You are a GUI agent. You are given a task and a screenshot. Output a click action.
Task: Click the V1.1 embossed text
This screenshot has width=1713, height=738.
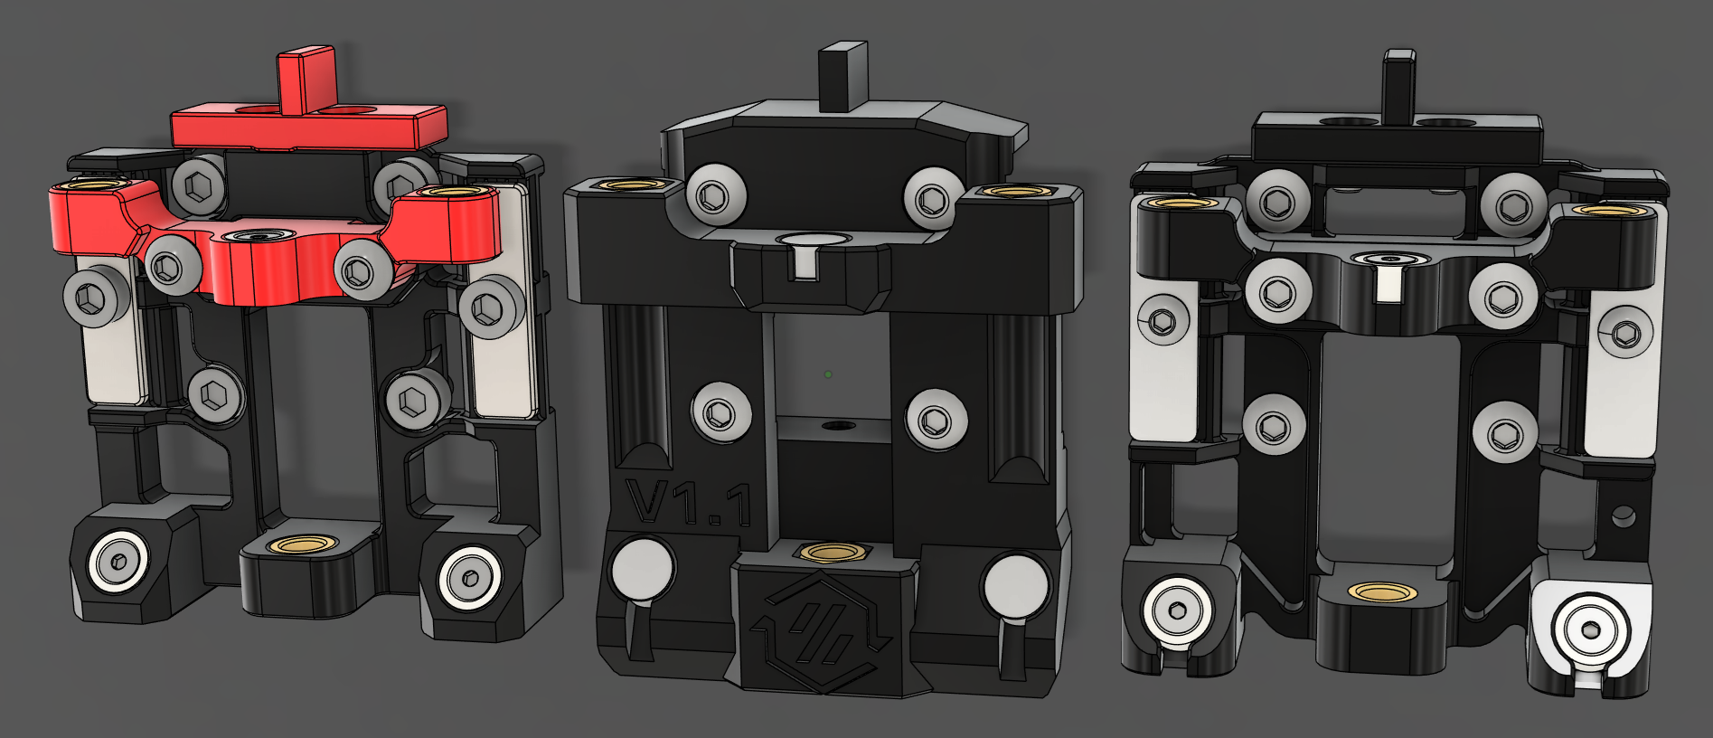pyautogui.click(x=690, y=503)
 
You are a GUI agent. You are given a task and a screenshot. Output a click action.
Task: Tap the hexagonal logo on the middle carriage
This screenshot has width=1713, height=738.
pyautogui.click(x=824, y=634)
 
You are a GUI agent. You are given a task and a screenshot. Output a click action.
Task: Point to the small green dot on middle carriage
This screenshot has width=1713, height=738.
pyautogui.click(x=828, y=374)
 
